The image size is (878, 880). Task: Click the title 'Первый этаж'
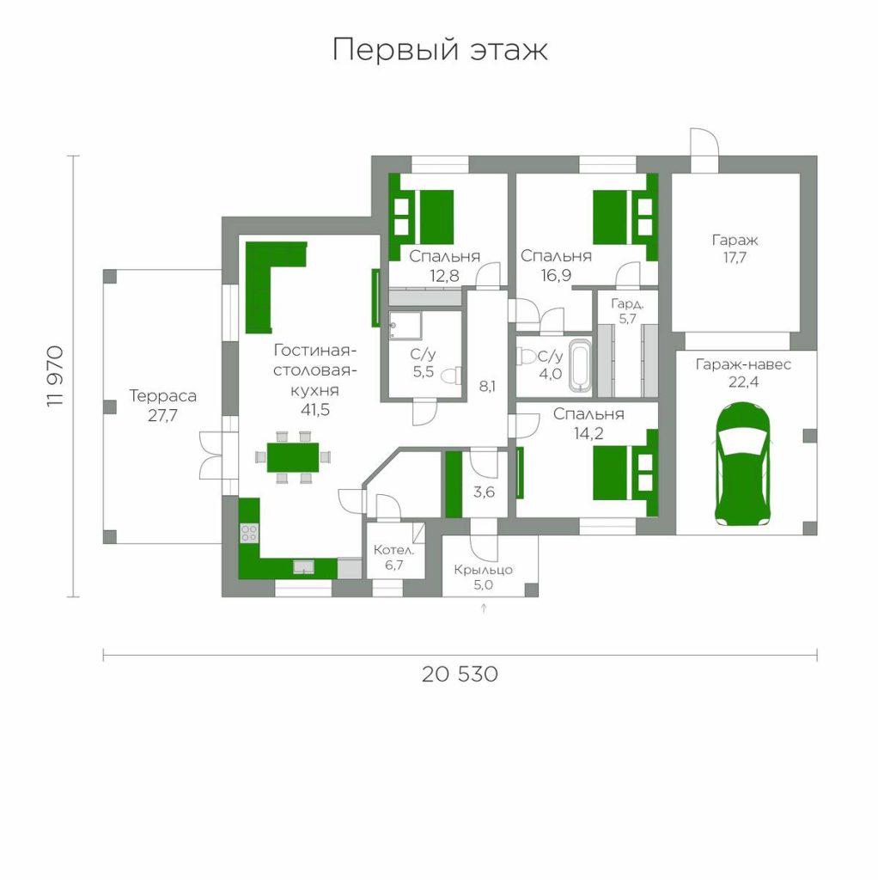coord(440,49)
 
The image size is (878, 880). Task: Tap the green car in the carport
coord(741,464)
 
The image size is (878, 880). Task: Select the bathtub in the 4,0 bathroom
coord(581,365)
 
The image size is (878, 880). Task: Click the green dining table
coord(292,457)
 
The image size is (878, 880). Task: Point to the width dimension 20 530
coord(460,674)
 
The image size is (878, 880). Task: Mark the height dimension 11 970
coord(56,376)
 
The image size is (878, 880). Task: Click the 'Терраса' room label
coord(162,396)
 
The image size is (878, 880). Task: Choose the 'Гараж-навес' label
coord(743,364)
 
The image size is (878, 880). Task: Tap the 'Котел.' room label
coord(393,549)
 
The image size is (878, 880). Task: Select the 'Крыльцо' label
coord(483,570)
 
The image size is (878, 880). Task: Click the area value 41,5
coord(314,410)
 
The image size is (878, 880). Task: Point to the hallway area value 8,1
coord(487,386)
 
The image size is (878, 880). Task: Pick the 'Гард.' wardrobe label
coord(627,304)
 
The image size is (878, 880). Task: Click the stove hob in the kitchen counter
coord(249,533)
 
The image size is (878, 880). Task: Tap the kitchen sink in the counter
coord(304,567)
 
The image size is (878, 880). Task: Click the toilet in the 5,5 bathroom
coord(452,376)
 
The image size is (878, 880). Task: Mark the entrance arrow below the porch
coord(484,608)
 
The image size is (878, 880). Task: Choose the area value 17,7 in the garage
coord(735,258)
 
